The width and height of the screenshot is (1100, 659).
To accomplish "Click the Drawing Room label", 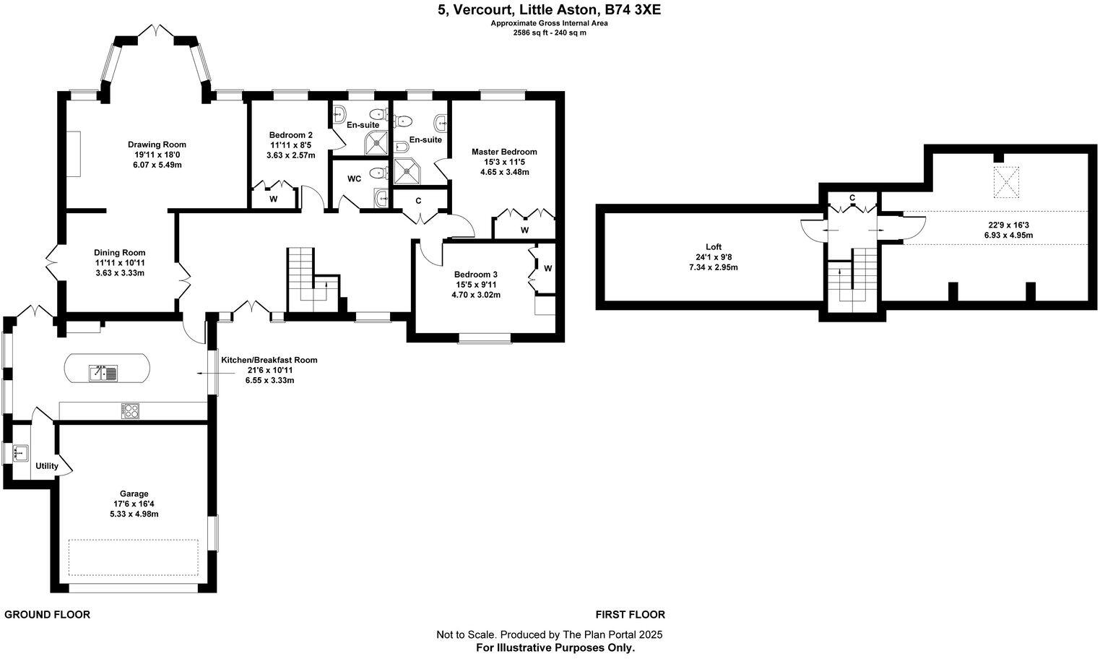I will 157,145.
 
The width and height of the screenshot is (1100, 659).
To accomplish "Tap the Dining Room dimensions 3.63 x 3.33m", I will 119,273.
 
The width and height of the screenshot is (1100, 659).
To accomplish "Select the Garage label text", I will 134,494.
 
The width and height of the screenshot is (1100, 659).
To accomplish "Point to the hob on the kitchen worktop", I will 131,410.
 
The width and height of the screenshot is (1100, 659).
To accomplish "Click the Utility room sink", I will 20,453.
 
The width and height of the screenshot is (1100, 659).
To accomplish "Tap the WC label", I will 354,178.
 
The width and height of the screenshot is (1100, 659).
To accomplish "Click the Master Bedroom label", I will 504,152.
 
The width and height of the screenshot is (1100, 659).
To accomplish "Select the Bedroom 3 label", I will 475,275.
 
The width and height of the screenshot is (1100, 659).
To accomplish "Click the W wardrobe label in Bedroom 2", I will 274,199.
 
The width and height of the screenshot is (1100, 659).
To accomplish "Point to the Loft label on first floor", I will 714,247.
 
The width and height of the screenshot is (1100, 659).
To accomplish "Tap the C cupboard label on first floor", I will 852,198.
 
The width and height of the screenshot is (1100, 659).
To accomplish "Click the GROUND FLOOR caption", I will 48,615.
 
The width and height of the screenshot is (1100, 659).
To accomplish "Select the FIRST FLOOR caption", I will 630,615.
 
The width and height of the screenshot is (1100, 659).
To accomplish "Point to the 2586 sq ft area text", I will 530,33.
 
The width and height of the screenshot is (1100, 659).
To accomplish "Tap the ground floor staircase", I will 302,275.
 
